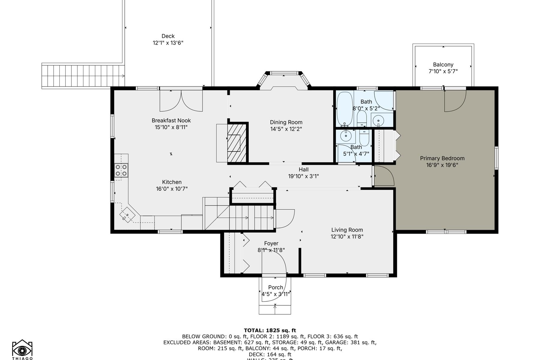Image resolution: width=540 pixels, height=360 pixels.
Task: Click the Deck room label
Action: click(x=168, y=36)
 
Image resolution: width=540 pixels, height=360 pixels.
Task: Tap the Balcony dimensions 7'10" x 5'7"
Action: click(x=443, y=71)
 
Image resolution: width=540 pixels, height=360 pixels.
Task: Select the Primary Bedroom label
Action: click(x=442, y=158)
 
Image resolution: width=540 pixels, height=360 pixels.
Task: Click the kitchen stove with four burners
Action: click(x=121, y=170)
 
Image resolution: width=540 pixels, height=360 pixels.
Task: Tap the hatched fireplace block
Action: click(x=237, y=143)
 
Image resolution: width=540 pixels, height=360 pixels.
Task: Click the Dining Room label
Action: click(x=286, y=122)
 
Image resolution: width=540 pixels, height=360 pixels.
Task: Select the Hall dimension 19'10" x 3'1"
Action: click(x=303, y=176)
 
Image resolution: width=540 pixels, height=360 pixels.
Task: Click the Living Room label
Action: click(x=347, y=230)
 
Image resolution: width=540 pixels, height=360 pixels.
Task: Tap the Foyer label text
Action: click(x=271, y=243)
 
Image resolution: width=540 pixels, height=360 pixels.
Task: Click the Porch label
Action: click(x=275, y=287)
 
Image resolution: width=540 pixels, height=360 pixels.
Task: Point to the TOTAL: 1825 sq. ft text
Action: click(x=270, y=331)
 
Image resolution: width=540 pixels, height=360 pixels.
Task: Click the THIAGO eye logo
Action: click(x=22, y=349)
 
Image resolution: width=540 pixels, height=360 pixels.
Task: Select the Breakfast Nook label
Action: click(x=171, y=120)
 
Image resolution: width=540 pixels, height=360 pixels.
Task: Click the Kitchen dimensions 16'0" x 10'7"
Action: click(x=172, y=189)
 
